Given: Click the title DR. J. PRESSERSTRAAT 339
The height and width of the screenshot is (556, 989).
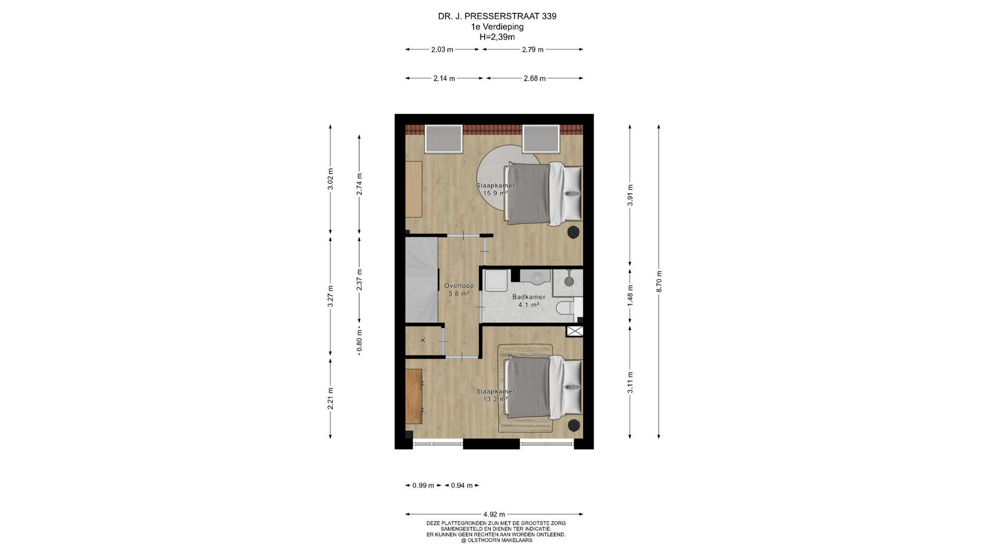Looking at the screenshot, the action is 497,16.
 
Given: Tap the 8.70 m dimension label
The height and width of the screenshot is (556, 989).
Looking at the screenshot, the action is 659,282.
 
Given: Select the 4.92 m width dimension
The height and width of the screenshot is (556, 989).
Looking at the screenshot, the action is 494,514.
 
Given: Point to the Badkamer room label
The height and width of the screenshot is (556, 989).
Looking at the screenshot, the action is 528,297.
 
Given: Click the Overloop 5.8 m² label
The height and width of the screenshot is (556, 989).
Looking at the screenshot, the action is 459,290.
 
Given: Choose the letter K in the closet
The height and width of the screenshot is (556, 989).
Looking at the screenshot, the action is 423,340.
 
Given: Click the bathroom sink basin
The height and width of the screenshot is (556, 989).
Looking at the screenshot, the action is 536,276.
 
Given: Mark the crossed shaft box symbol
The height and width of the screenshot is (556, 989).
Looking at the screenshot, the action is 575,331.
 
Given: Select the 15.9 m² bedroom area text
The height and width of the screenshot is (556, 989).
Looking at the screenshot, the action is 496,194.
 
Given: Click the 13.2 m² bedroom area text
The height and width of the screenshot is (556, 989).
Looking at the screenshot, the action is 496,399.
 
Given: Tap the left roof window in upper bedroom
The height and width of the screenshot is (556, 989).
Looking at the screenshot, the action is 444,138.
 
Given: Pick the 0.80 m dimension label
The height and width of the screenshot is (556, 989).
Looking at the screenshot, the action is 360,341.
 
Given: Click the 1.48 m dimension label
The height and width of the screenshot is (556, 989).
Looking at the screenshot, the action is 630,296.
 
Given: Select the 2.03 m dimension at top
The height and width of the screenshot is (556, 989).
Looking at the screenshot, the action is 442,49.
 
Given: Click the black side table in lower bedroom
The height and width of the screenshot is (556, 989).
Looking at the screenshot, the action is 573,426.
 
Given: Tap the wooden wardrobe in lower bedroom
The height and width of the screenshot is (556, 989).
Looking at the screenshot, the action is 414,396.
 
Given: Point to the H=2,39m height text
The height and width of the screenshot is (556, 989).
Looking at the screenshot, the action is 497,37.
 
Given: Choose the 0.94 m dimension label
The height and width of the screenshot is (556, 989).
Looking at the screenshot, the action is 462,485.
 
